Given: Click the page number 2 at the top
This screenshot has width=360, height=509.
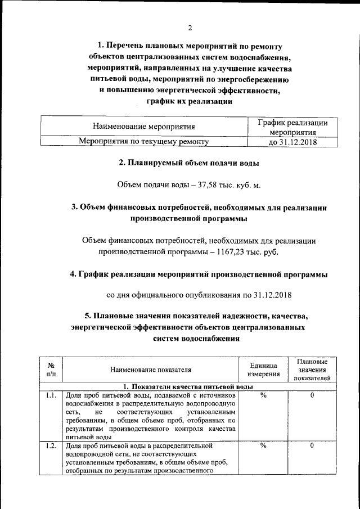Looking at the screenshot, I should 190,28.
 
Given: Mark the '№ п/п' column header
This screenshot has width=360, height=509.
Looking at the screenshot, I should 51,369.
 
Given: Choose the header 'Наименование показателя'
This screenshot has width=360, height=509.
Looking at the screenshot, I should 151,370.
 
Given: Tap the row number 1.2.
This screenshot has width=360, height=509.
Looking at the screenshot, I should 51,446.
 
